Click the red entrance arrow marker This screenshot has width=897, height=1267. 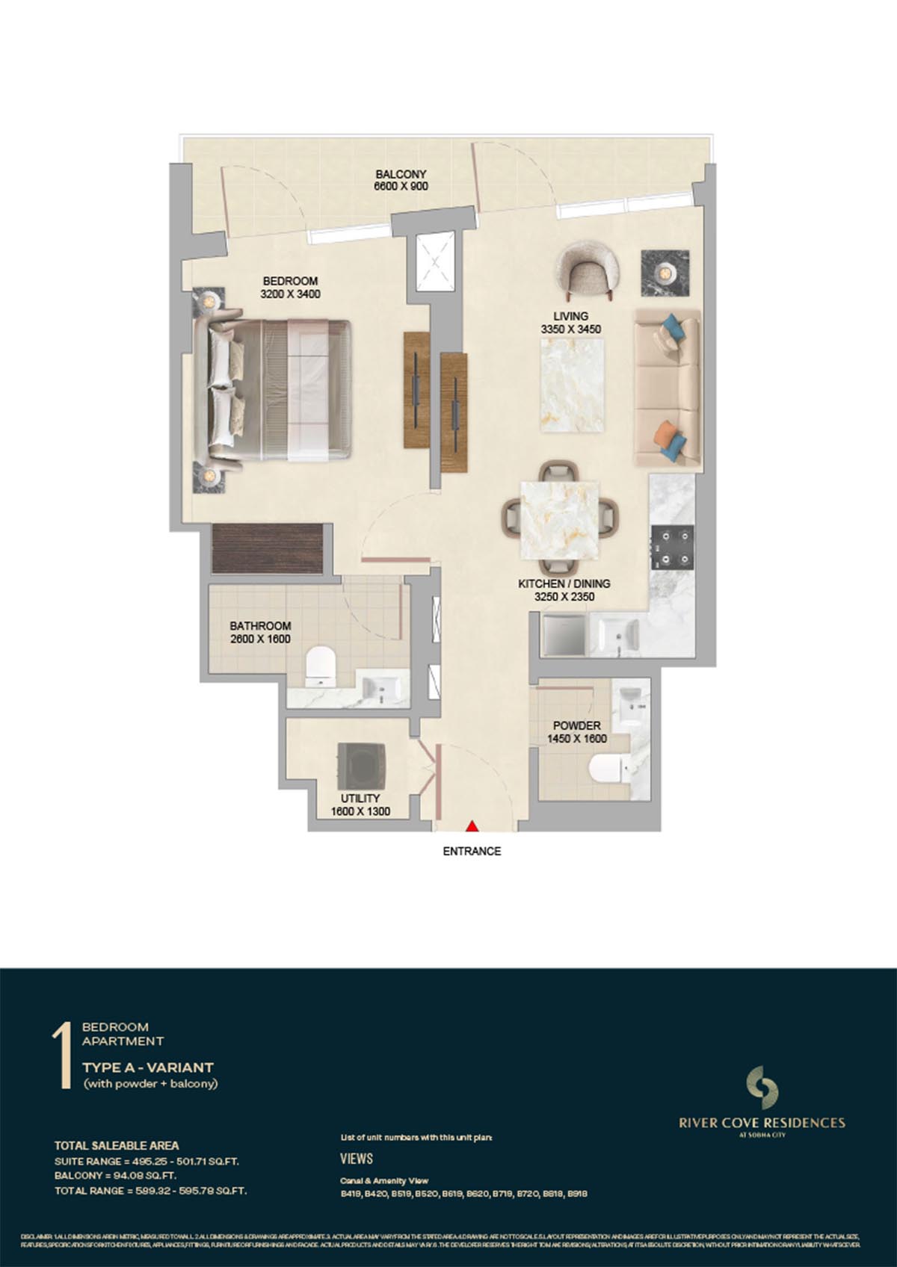click(472, 826)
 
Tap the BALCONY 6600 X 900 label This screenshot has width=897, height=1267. click(401, 180)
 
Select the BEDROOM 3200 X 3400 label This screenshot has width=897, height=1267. click(290, 288)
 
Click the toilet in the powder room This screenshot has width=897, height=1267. click(608, 769)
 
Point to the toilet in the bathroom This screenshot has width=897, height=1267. click(321, 664)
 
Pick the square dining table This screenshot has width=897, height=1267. click(561, 519)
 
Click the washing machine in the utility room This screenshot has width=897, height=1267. click(363, 766)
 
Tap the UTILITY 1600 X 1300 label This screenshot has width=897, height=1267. click(360, 805)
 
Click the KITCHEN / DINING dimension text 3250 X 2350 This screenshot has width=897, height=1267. click(564, 597)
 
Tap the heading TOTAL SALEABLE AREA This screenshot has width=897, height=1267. click(117, 1145)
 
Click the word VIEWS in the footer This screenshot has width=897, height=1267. click(356, 1159)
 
